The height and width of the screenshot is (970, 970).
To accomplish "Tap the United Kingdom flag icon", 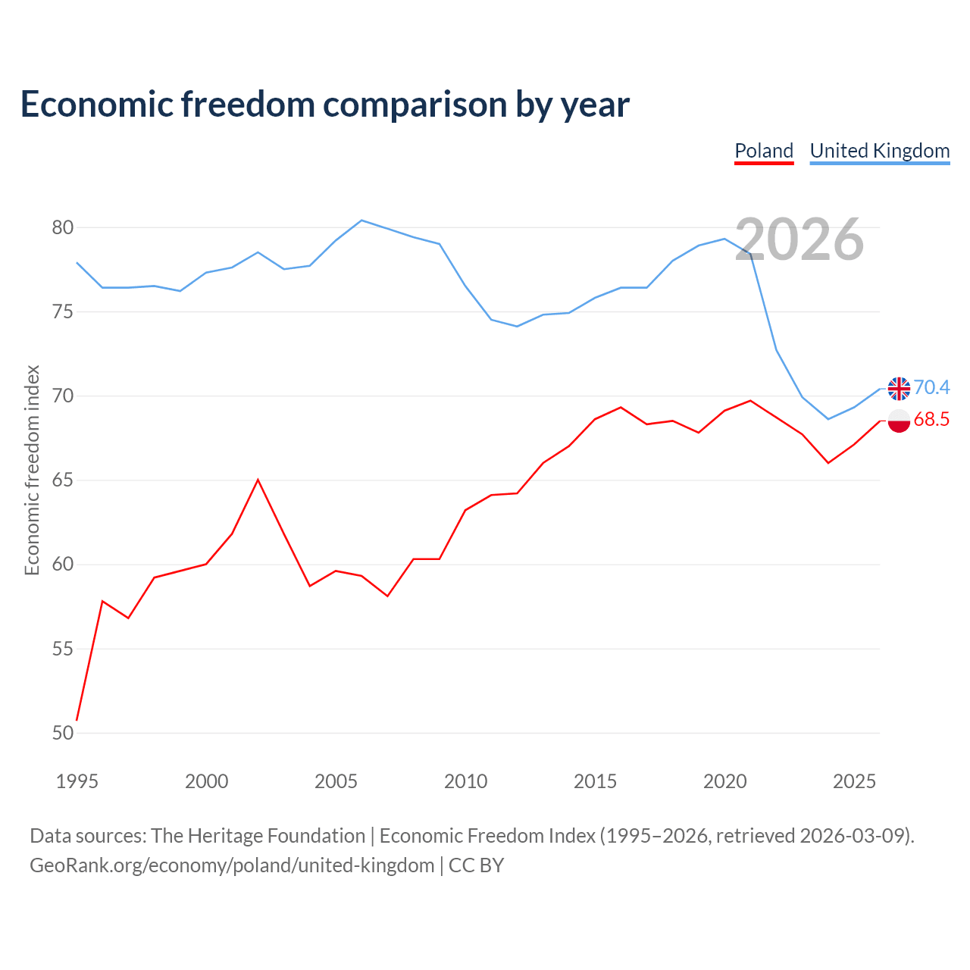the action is point(899,389).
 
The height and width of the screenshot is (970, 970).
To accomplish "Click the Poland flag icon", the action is point(899,421).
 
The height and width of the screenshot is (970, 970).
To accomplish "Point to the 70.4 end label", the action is point(931,387).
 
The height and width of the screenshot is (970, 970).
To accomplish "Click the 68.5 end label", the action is point(931,419).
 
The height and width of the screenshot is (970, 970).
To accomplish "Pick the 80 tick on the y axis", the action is point(62,227).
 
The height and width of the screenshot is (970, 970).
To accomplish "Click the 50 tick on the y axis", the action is point(62,733).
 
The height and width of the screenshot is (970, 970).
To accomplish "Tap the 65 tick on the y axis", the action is point(62,480).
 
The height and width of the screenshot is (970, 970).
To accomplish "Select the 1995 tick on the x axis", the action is point(77,781).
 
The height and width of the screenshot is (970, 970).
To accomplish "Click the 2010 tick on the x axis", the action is point(465,781).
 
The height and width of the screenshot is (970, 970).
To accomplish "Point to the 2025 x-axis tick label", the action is point(854,781).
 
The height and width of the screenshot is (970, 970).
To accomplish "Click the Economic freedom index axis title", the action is point(32,470).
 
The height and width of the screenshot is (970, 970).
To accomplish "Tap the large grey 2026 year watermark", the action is point(799,239).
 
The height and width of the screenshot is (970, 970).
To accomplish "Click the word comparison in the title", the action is point(415,105).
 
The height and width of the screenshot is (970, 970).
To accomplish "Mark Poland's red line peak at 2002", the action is point(258,480).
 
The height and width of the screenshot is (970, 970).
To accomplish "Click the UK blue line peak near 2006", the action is point(361,221).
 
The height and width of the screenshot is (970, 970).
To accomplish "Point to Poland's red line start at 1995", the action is point(77,720).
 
